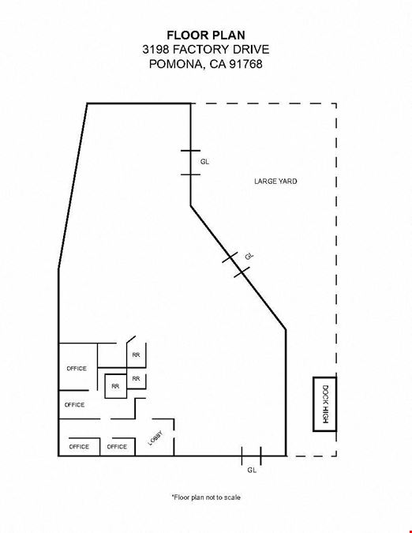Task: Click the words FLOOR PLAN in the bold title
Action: pos(206,35)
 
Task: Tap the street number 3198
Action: pos(155,50)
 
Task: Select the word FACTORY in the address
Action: pos(200,50)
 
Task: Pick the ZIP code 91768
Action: pos(245,64)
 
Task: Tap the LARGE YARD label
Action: pos(275,181)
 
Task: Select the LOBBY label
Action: pos(155,438)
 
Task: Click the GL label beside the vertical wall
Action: pos(204,162)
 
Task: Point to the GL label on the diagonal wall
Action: pos(249,256)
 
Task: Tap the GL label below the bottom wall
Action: pos(252,470)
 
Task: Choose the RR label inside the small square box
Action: pos(115,386)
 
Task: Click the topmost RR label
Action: pos(136,355)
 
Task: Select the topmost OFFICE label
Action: pos(77,369)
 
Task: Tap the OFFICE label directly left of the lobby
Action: pos(117,447)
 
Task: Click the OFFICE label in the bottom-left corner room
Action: pos(79,447)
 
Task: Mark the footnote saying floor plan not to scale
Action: pos(206,497)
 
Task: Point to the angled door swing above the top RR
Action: pos(131,340)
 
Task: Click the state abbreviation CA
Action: pos(218,64)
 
